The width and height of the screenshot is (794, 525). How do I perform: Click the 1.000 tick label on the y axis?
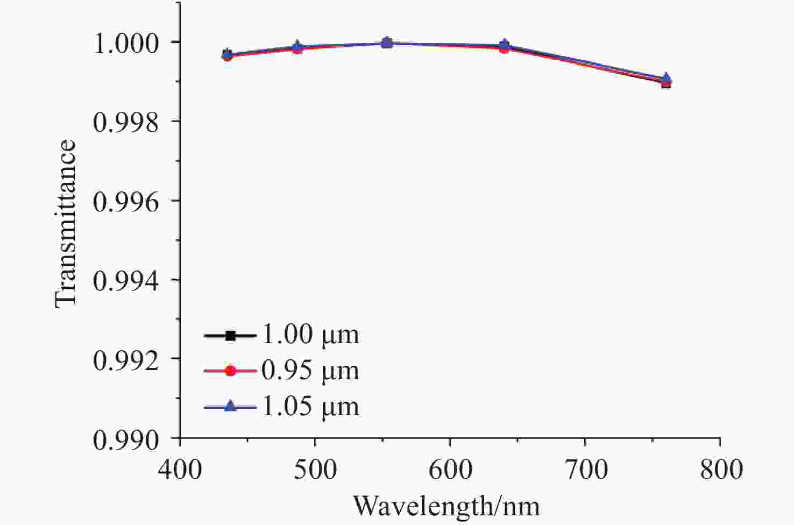click(x=126, y=44)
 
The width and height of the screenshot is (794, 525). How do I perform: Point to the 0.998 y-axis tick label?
click(x=126, y=123)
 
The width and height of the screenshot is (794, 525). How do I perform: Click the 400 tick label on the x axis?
click(x=180, y=469)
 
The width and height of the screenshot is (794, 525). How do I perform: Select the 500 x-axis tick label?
click(x=315, y=469)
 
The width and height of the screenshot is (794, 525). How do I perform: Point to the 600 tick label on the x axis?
click(x=450, y=469)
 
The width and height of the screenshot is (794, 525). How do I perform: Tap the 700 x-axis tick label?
click(x=585, y=469)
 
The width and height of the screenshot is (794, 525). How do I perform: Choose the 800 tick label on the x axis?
click(x=720, y=469)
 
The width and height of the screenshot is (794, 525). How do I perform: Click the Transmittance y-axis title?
click(x=66, y=223)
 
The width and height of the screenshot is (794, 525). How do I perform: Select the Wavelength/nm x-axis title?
click(x=446, y=506)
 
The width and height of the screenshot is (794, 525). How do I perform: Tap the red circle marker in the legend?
click(x=230, y=371)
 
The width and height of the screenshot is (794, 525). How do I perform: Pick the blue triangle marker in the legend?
click(x=230, y=406)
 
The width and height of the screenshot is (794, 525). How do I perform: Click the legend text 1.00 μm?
click(x=310, y=335)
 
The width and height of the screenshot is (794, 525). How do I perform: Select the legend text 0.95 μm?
click(x=310, y=370)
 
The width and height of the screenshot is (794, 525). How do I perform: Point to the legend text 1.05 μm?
click(x=310, y=406)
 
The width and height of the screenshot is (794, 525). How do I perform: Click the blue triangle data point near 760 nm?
click(x=666, y=79)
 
